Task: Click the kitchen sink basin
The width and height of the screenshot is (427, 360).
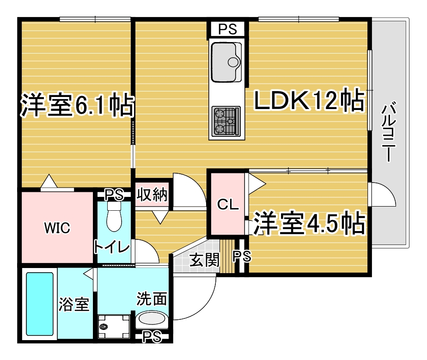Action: [x=226, y=62]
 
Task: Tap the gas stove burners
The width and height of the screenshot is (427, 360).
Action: [x=226, y=121]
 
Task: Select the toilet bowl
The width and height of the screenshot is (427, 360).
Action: [x=114, y=216]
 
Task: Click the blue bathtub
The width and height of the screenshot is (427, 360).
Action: [x=39, y=304]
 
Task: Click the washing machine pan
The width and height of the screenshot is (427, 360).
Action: [x=114, y=326]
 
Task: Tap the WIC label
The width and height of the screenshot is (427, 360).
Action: [x=57, y=228]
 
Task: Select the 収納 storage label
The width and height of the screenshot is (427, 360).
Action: [x=152, y=194]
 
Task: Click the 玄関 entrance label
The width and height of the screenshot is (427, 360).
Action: [x=204, y=260]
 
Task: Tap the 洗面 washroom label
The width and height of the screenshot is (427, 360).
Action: [x=152, y=299]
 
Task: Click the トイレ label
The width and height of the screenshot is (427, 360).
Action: [x=111, y=247]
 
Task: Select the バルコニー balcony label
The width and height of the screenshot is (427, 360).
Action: [x=389, y=132]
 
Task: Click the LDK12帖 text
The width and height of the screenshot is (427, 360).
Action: [x=309, y=100]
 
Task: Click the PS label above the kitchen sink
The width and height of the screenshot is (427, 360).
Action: [x=228, y=29]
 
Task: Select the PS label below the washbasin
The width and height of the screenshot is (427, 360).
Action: [x=152, y=336]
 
